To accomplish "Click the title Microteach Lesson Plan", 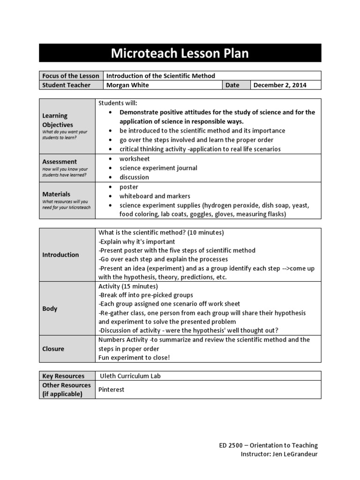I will pos(180,53).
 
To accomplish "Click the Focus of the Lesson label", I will pos(70,76).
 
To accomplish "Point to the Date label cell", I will pos(232,85).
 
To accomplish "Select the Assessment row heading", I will pos(60,162).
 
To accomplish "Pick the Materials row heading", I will pos(56,194).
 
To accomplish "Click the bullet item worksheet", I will pos(134,159).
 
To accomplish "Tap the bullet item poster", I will pos(129,187).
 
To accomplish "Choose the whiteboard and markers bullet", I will pos(155,196).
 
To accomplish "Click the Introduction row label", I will pos(60,255).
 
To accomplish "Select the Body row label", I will pos(50,309).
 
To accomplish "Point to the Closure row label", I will pos(53,349).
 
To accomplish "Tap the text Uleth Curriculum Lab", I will pos(130,376).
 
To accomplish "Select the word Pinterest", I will pos(112,390).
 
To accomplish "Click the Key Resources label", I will pos(63,376).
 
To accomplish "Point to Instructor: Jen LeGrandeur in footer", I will pos(279,454).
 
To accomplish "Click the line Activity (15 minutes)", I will pos(128,286).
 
